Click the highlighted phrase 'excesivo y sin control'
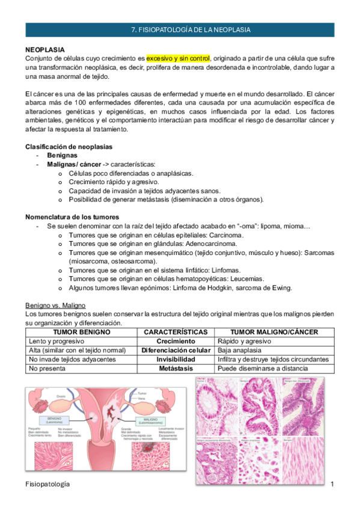point(178,58)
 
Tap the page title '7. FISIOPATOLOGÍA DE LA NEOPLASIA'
point(191,29)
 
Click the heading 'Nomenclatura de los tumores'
point(72,217)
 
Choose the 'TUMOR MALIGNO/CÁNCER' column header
point(275,332)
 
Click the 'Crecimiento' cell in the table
point(176,341)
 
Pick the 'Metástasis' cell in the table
point(176,368)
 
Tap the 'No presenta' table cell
point(46,368)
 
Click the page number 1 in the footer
point(332,484)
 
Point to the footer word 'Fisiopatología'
point(47,484)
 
